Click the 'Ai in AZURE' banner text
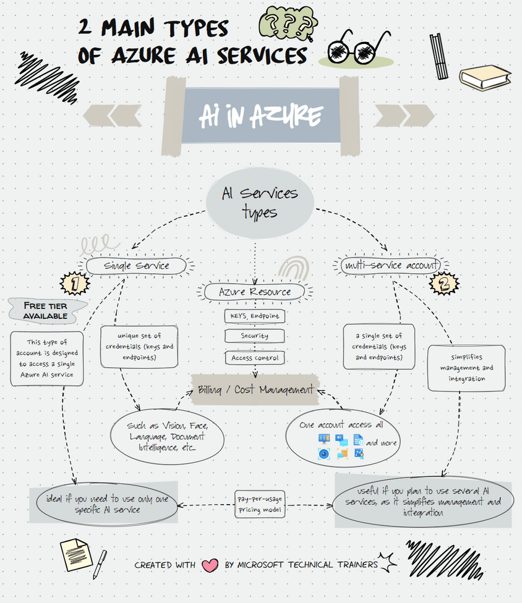coord(260,116)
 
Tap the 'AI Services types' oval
coord(260,203)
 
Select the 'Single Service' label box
coord(136,266)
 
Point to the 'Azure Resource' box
coord(255,292)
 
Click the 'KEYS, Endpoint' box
coord(255,316)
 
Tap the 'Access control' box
coord(255,357)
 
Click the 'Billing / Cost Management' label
coord(255,390)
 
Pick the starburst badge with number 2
coord(444,284)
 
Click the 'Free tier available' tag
coord(45,311)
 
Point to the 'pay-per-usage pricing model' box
coord(260,504)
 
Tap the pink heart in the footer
coord(210,565)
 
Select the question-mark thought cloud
coord(288,25)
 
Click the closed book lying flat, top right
coord(485,77)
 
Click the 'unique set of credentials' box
coord(139,347)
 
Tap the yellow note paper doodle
coord(75,554)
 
